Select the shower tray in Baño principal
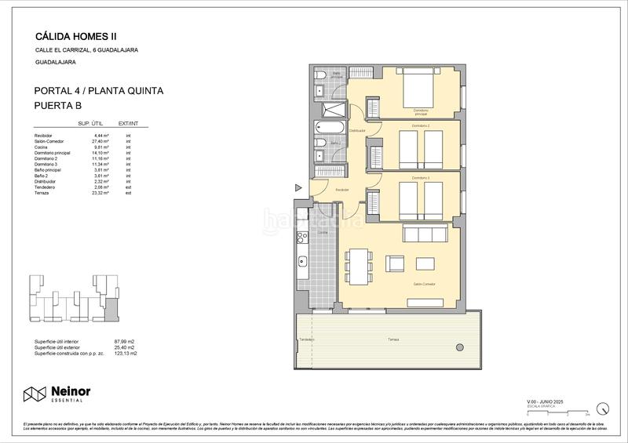click(334, 110)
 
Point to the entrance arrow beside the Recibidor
click(298, 187)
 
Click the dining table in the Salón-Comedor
click(357, 266)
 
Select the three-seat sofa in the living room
click(424, 234)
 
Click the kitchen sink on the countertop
click(300, 261)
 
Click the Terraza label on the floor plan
click(393, 340)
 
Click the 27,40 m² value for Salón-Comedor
click(100, 142)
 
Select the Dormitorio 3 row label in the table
click(46, 164)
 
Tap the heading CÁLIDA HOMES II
click(76, 35)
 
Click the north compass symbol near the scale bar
click(602, 408)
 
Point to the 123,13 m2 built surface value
click(126, 354)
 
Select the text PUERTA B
click(59, 105)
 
